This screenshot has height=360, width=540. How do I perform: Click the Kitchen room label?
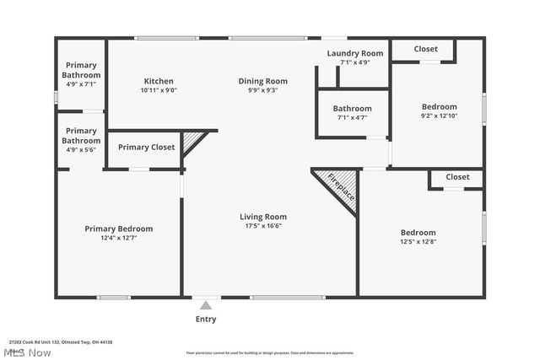(159, 81)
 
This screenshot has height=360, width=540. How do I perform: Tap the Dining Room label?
(262, 81)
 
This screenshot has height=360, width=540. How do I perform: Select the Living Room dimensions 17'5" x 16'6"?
(263, 225)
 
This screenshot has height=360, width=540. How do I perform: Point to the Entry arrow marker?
(206, 305)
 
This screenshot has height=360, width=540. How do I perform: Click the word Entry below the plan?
(206, 319)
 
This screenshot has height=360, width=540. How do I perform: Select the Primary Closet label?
(146, 148)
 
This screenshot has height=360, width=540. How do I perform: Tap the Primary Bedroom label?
(118, 228)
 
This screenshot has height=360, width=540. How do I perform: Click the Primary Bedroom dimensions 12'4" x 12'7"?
(118, 238)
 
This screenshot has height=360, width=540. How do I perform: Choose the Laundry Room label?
(355, 53)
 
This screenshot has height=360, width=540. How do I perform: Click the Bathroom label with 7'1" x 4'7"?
(352, 109)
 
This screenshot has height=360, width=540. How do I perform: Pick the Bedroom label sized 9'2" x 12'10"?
(439, 107)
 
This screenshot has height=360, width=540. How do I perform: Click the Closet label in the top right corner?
(426, 49)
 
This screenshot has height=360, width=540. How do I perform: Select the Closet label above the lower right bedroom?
(457, 177)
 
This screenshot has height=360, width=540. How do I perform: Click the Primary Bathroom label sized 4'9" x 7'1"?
(81, 70)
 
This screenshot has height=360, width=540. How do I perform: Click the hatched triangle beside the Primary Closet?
(193, 139)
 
